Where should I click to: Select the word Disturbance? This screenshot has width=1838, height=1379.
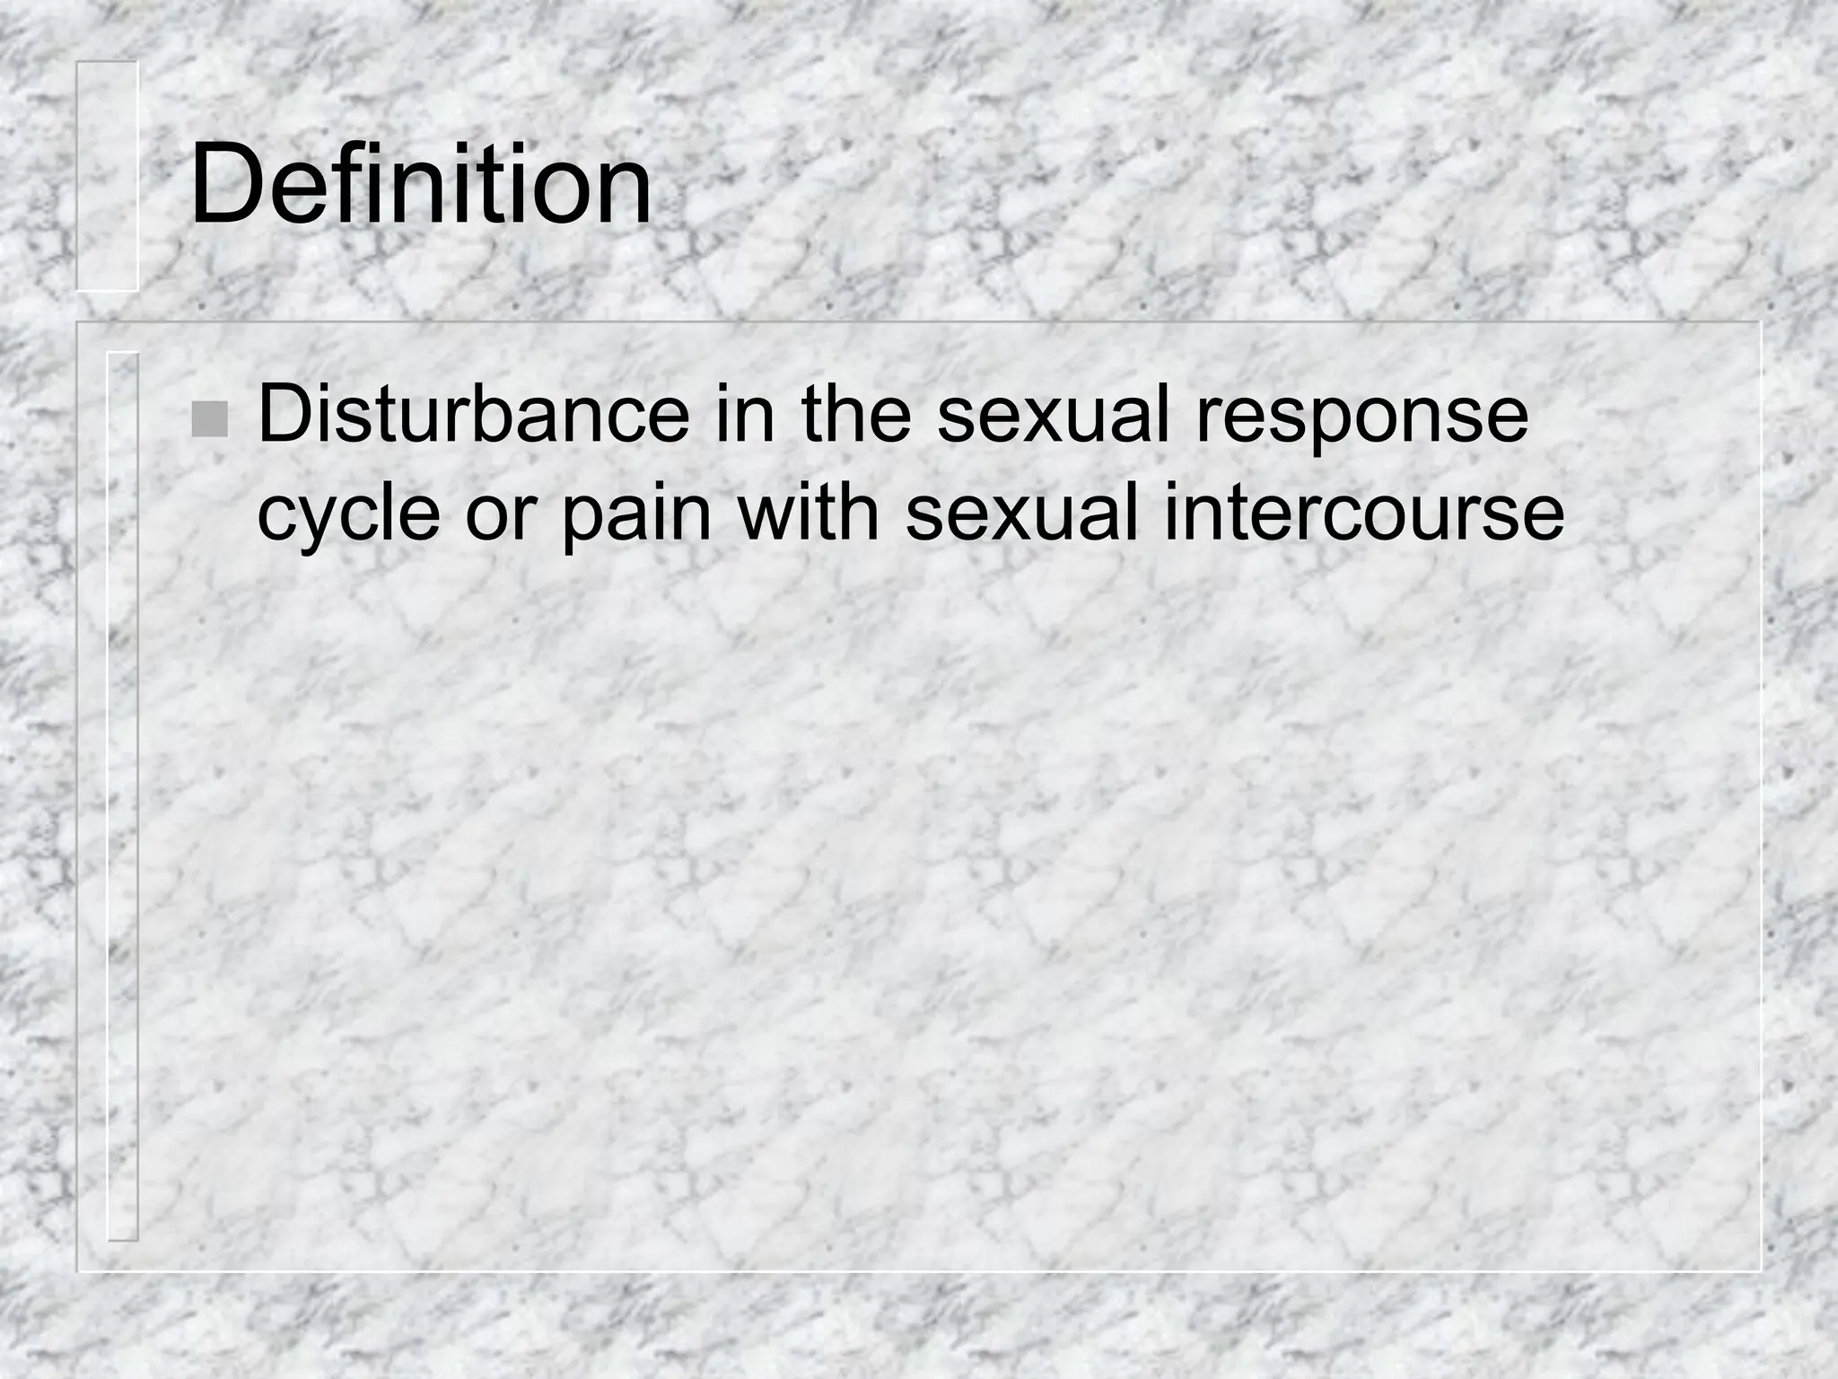tap(473, 415)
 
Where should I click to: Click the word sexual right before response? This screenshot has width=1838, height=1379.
tap(1054, 415)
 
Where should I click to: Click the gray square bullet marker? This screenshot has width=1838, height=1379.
tap(209, 419)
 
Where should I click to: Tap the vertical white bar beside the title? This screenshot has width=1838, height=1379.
tap(107, 176)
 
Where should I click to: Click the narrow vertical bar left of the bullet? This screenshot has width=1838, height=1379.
tap(123, 795)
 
